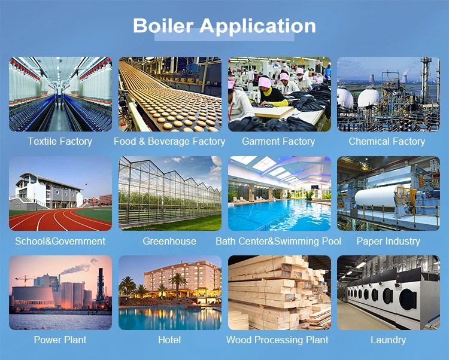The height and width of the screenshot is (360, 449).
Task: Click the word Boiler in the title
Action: (163, 26)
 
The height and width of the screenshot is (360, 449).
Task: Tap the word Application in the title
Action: (257, 26)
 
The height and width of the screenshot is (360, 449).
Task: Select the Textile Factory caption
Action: (60, 141)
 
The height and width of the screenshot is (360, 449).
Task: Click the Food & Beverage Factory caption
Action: (169, 142)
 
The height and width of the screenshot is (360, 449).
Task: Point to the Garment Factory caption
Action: (278, 141)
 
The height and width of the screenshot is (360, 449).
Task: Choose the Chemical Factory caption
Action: (387, 141)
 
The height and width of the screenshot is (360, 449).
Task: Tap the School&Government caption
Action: (60, 241)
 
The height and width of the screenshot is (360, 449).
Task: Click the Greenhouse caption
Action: (169, 241)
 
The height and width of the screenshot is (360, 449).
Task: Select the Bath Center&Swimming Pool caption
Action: (278, 241)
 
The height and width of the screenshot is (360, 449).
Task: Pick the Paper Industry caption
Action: (389, 241)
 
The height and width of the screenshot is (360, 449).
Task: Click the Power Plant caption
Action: (60, 340)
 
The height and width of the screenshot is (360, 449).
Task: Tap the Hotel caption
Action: (169, 340)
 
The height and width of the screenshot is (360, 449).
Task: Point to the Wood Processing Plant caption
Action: (277, 340)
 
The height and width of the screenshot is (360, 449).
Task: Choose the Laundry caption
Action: (389, 340)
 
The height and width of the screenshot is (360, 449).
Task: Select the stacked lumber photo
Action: (280, 292)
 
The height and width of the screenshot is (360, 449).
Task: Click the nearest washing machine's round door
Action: (408, 300)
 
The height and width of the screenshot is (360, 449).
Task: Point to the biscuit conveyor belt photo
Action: (170, 94)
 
